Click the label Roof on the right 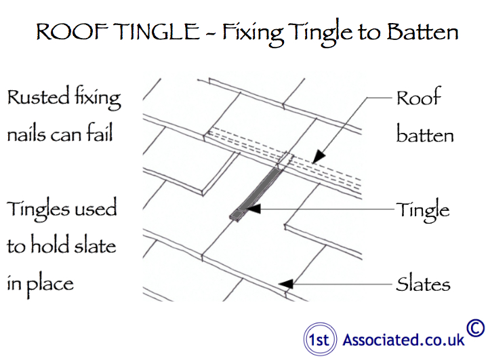[x=419, y=99]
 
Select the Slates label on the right [x=424, y=283]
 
